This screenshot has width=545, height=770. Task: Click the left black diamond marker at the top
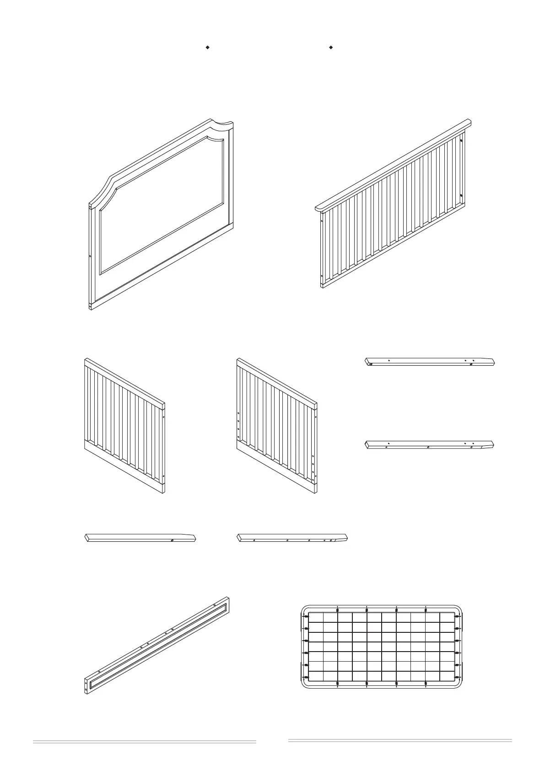click(x=207, y=47)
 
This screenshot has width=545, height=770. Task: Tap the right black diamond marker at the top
click(x=330, y=47)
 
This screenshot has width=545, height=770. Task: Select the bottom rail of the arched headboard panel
click(x=160, y=268)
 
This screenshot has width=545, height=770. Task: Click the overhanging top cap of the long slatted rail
click(x=394, y=165)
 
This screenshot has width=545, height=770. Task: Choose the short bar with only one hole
click(x=140, y=538)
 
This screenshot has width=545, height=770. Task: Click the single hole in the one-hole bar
click(x=172, y=540)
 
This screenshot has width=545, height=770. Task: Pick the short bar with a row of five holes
click(x=292, y=538)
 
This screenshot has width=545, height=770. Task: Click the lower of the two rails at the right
click(x=430, y=445)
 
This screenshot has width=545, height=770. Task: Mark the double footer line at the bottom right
click(x=400, y=741)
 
